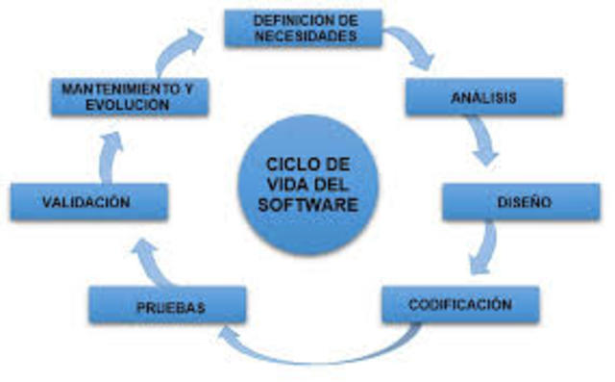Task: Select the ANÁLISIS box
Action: [482, 97]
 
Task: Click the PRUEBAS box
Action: [167, 307]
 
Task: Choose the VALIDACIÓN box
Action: [87, 203]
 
